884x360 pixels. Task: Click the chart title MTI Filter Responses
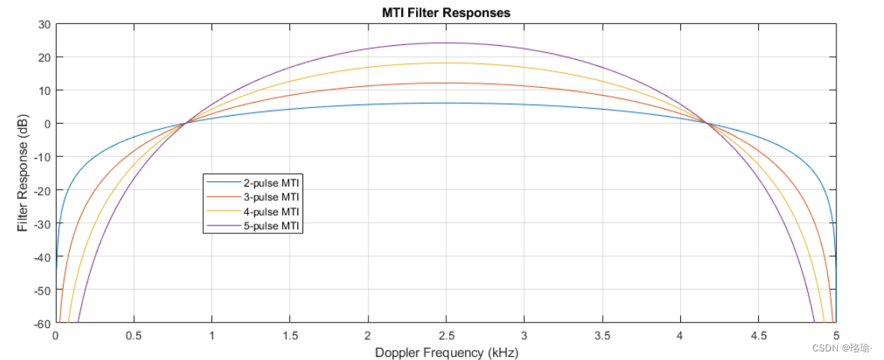tap(445, 12)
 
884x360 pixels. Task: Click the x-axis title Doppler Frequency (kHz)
tap(445, 352)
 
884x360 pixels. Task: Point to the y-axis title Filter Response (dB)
tap(23, 173)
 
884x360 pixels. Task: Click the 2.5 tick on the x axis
tap(445, 335)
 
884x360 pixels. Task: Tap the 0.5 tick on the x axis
tap(134, 335)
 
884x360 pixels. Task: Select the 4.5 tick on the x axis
tap(758, 335)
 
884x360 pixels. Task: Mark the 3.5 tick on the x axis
tap(602, 335)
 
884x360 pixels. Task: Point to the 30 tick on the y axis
tap(44, 24)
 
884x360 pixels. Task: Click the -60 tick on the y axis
tap(41, 323)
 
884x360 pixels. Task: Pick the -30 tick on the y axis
tap(41, 223)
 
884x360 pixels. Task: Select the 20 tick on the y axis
tap(44, 58)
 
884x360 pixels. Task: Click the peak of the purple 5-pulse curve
tap(445, 43)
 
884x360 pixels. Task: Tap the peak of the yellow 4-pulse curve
tap(445, 63)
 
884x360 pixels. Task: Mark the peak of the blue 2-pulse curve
tap(445, 103)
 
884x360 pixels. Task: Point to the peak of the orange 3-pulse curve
tap(445, 83)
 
